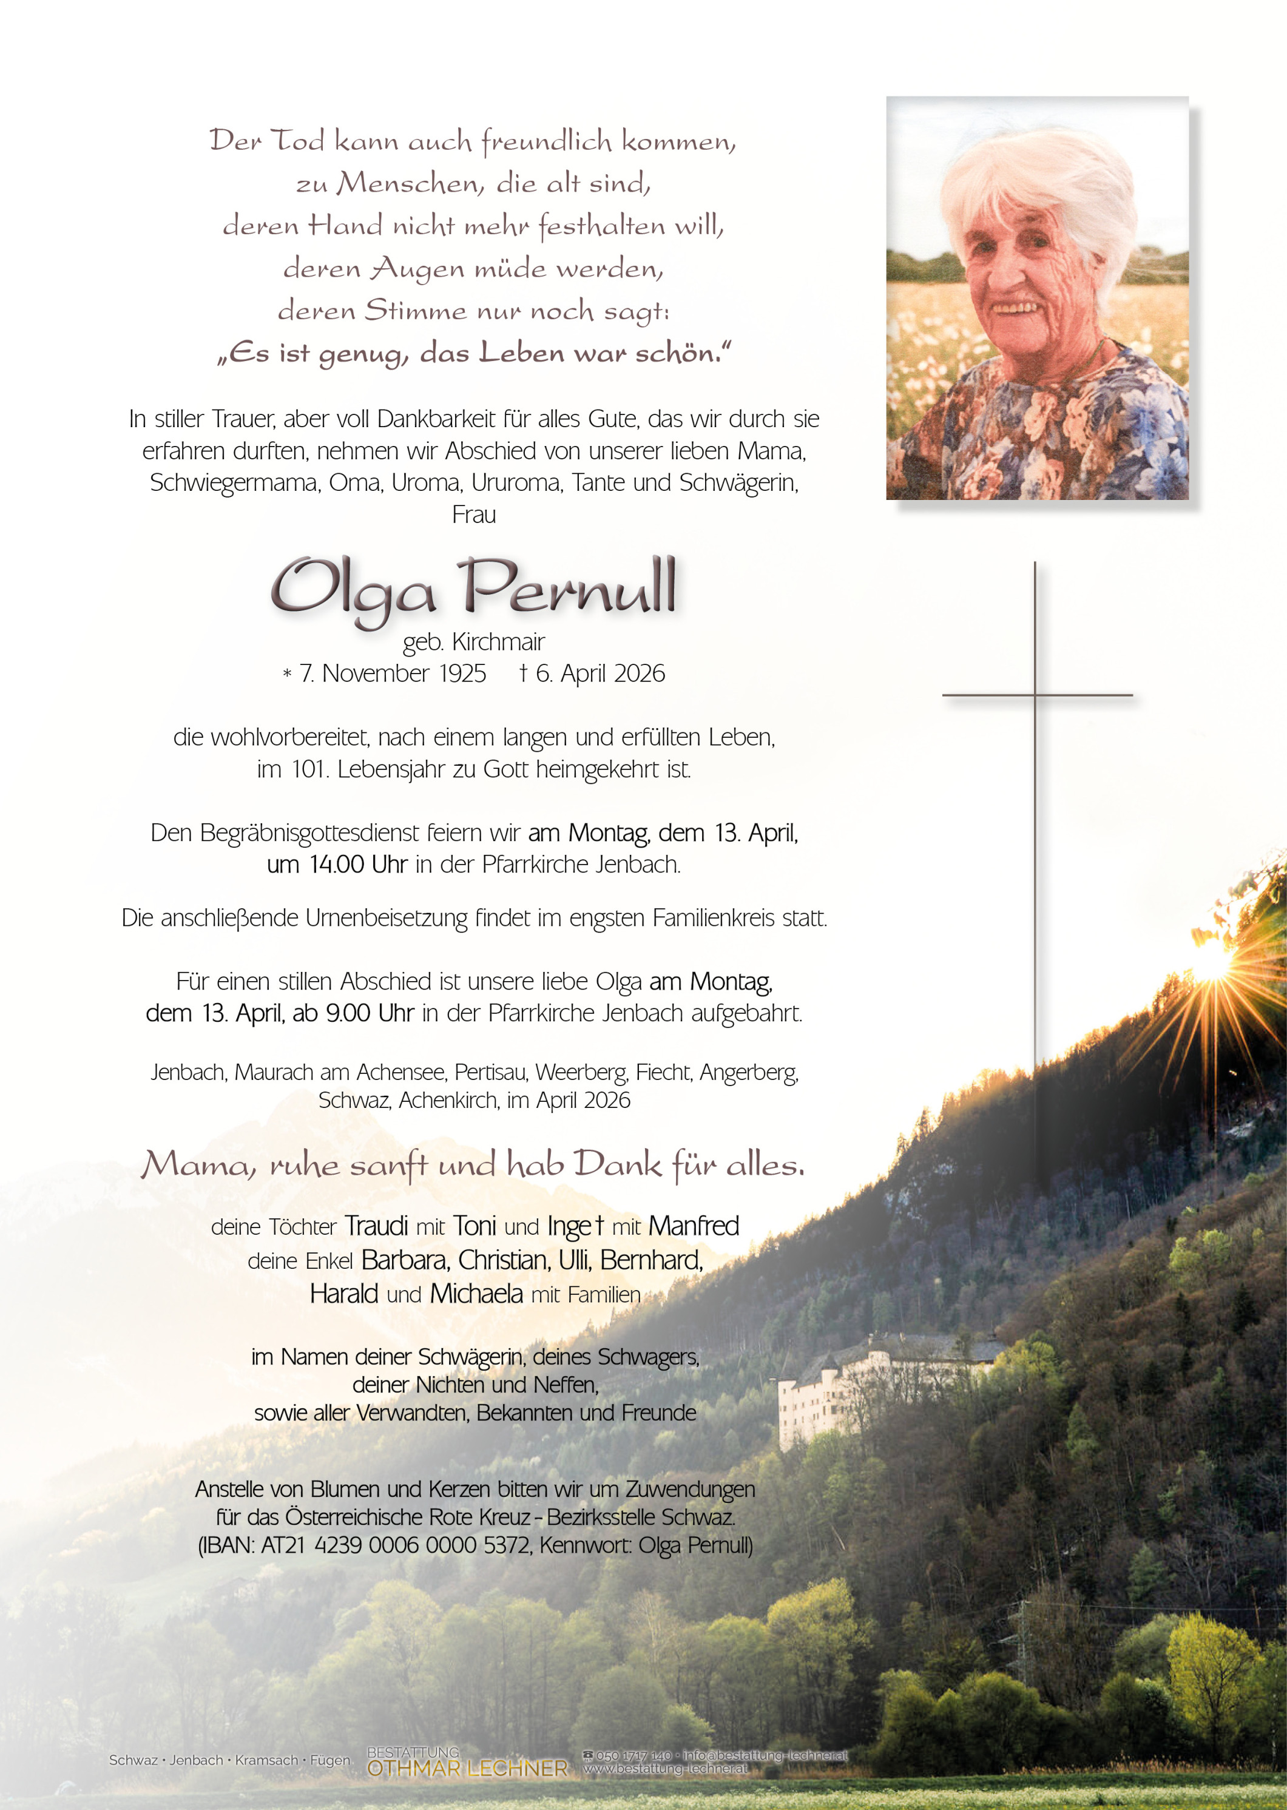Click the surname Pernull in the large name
coord(569,589)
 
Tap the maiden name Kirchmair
coord(498,641)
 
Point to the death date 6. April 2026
coord(600,673)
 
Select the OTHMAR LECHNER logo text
coord(468,1768)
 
